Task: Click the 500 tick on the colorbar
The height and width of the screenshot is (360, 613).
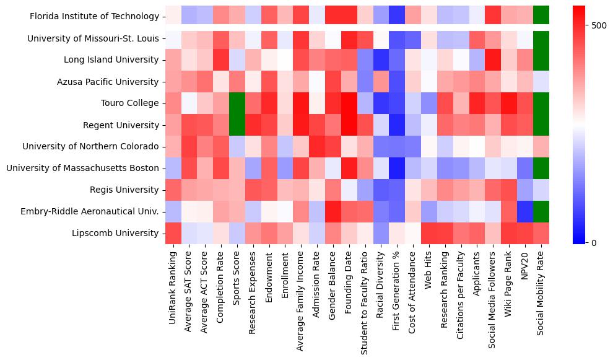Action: pyautogui.click(x=599, y=25)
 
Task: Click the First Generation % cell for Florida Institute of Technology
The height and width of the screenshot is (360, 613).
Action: pyautogui.click(x=396, y=17)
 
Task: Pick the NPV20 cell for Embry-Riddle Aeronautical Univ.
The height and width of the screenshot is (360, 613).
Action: pyautogui.click(x=525, y=212)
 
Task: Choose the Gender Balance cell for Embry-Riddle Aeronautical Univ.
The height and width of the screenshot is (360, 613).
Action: pyautogui.click(x=332, y=212)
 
